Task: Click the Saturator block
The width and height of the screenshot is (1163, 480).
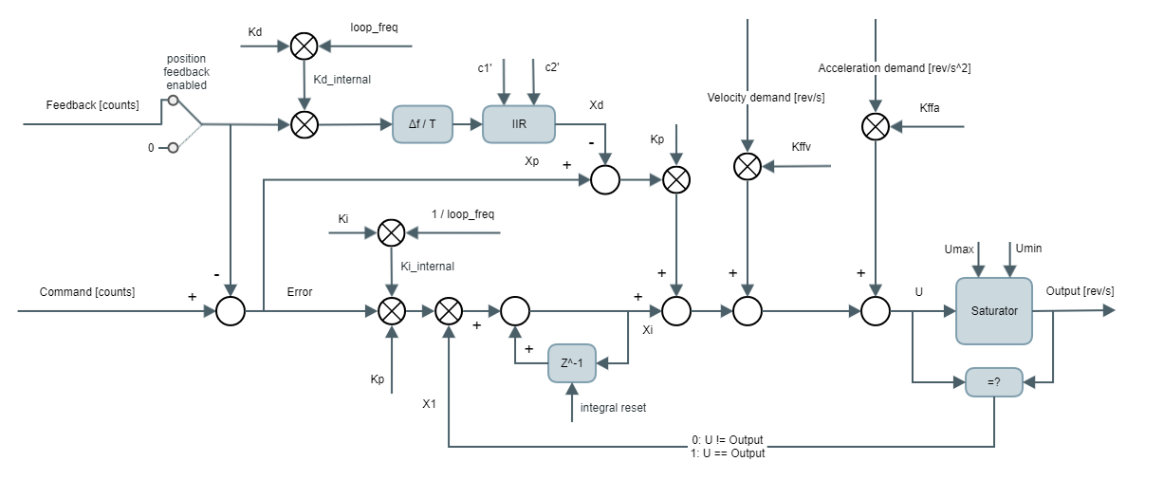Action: pos(993,310)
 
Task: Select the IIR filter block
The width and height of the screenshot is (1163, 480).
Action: pos(518,124)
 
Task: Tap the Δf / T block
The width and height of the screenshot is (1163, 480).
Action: pos(422,124)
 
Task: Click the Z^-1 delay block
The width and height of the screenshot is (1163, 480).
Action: pos(572,362)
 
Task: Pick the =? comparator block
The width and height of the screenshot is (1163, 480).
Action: pos(994,381)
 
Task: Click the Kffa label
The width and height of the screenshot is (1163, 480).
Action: pos(930,111)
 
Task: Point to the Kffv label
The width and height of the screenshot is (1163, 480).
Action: pos(803,146)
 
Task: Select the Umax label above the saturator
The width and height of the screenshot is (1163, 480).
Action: pos(960,248)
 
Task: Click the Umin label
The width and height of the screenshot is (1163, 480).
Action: pos(1029,248)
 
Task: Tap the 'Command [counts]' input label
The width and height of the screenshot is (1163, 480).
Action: pos(87,291)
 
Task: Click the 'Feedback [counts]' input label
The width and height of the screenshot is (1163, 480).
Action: pos(93,104)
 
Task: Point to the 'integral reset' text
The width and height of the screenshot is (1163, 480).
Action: pos(613,408)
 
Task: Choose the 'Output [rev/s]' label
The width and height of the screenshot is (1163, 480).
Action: pos(1080,290)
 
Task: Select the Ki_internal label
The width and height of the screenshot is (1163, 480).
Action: pos(427,267)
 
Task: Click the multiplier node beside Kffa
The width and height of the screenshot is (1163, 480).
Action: pos(876,125)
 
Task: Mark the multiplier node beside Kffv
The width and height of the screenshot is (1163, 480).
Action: pos(748,167)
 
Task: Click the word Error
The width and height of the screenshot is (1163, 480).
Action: pos(300,291)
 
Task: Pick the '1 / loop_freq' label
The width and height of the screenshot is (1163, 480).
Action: pos(463,213)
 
